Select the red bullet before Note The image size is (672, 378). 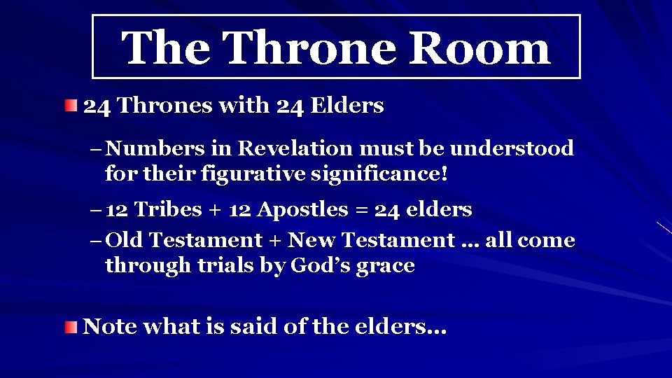(71, 327)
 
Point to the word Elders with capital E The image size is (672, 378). (346, 106)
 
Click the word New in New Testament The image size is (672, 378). (311, 241)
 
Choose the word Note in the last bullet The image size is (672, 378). (109, 327)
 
